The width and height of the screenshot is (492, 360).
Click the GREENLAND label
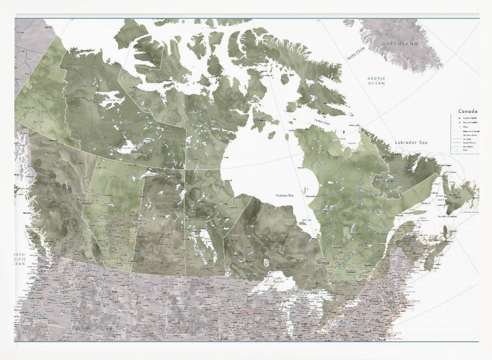pyautogui.click(x=400, y=44)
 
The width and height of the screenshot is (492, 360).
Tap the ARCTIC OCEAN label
pyautogui.click(x=376, y=81)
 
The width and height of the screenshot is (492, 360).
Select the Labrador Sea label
pyautogui.click(x=411, y=142)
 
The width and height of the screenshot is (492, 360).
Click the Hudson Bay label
pyautogui.click(x=285, y=195)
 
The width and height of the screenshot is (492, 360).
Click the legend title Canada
pyautogui.click(x=468, y=112)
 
